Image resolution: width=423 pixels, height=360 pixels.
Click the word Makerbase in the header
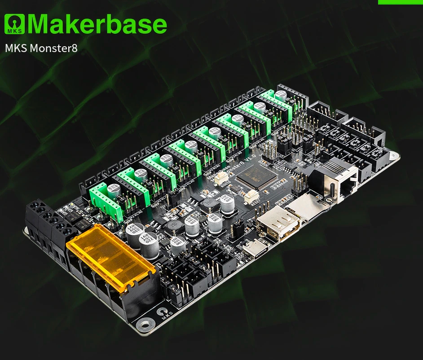coord(97,24)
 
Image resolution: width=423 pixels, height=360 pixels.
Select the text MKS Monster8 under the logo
coord(41,48)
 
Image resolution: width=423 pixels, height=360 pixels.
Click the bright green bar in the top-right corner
coord(400,2)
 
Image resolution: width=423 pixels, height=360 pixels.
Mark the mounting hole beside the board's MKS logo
coord(145,323)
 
